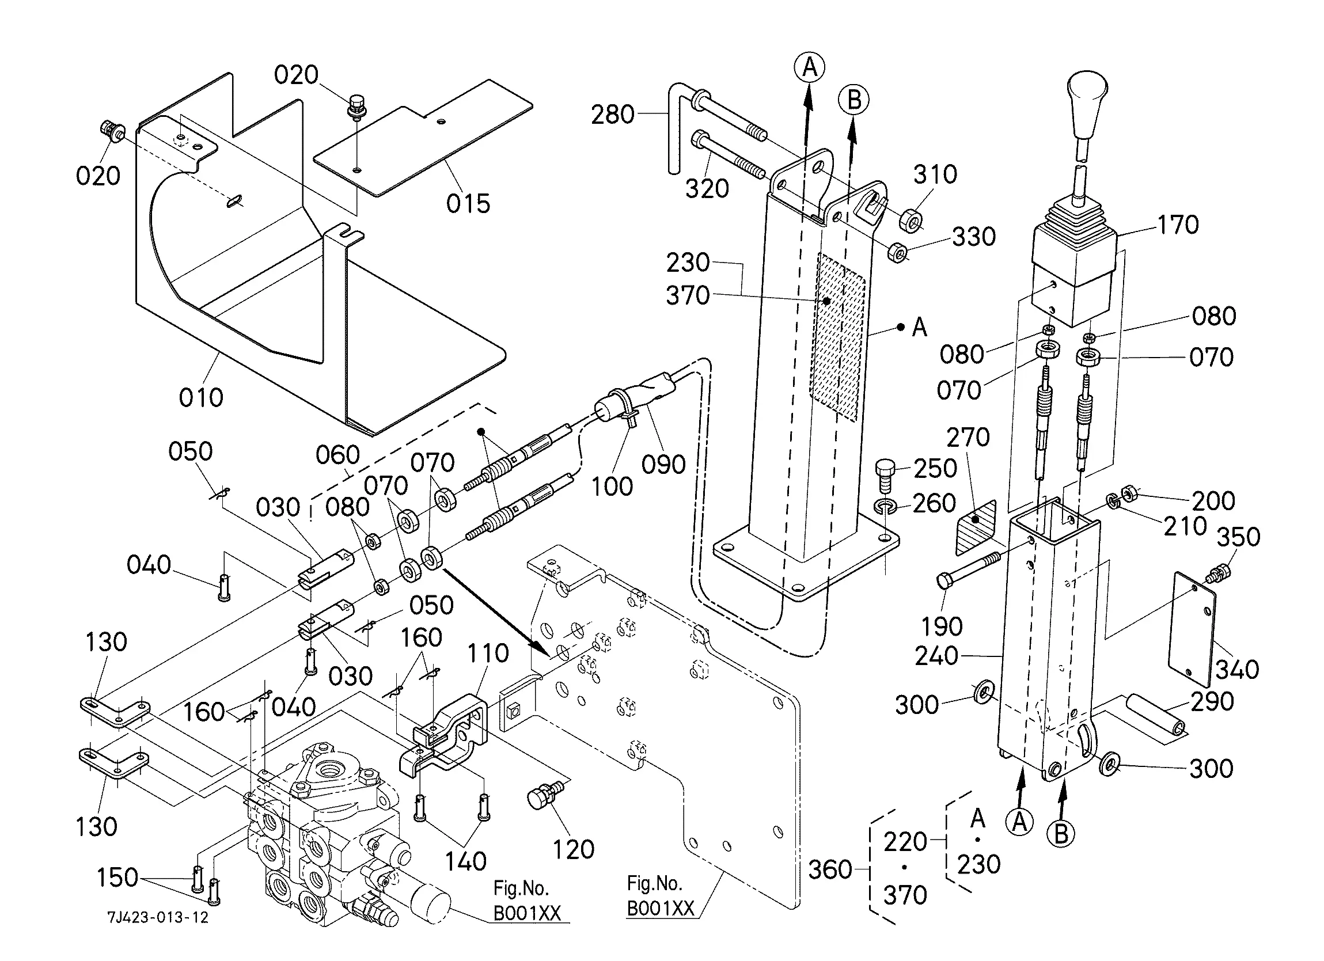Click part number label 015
[x=468, y=204]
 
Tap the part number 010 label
[x=201, y=398]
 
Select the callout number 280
[x=612, y=115]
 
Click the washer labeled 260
[x=886, y=506]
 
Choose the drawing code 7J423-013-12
[x=158, y=918]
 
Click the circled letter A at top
[x=810, y=68]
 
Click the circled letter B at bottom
[x=1061, y=833]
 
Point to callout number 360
[x=829, y=870]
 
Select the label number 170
[x=1178, y=225]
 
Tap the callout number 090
[x=663, y=465]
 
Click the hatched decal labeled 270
[x=976, y=527]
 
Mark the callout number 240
[x=936, y=656]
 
